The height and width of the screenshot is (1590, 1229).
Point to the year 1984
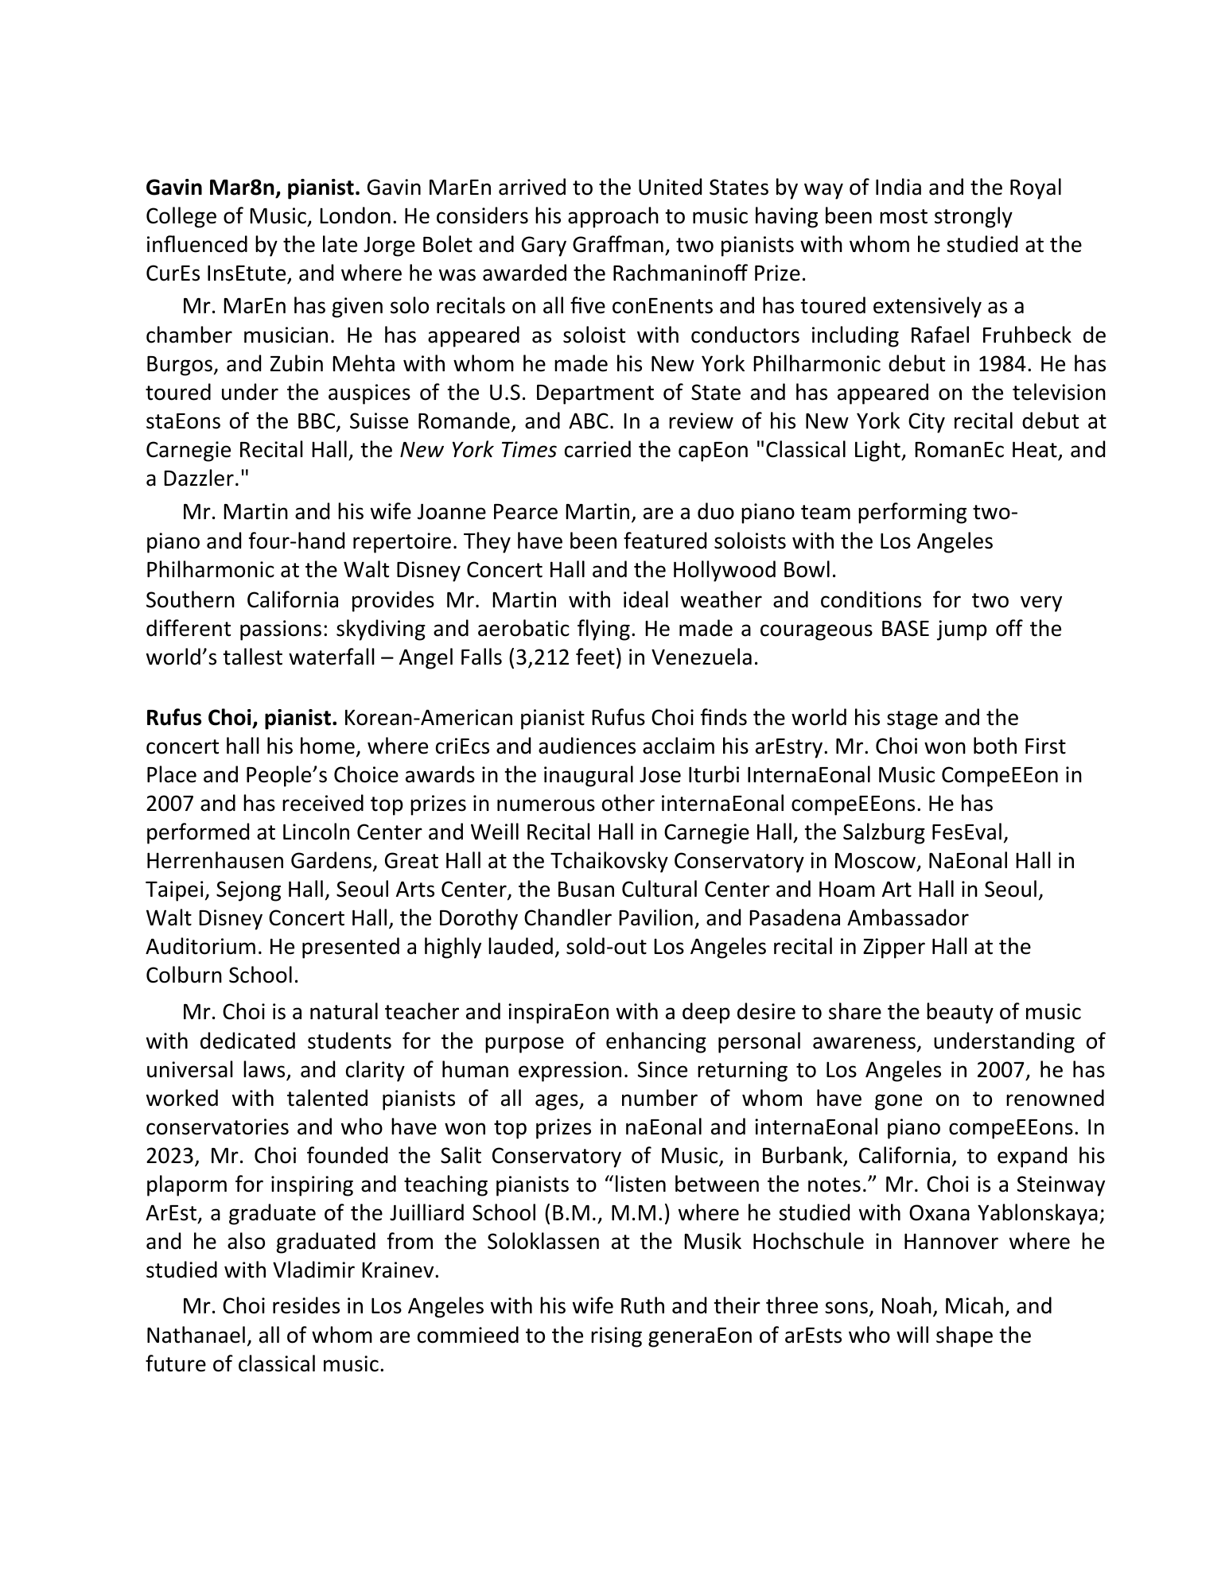pos(1005,364)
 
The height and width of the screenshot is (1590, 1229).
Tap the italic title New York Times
pos(477,450)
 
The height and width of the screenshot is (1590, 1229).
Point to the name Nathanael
pos(196,1335)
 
